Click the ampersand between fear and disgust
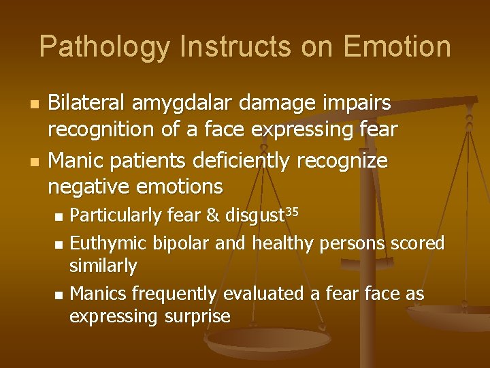[212, 216]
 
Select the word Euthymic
[110, 243]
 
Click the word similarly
[103, 266]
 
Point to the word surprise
[197, 317]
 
